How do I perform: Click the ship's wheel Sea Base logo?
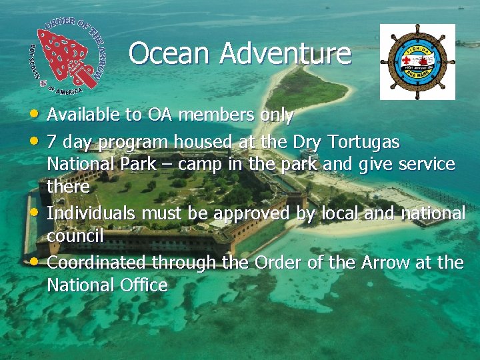click(x=417, y=62)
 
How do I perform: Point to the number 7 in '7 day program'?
click(x=52, y=142)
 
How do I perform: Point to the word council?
click(x=75, y=236)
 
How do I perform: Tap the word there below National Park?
click(x=68, y=187)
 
